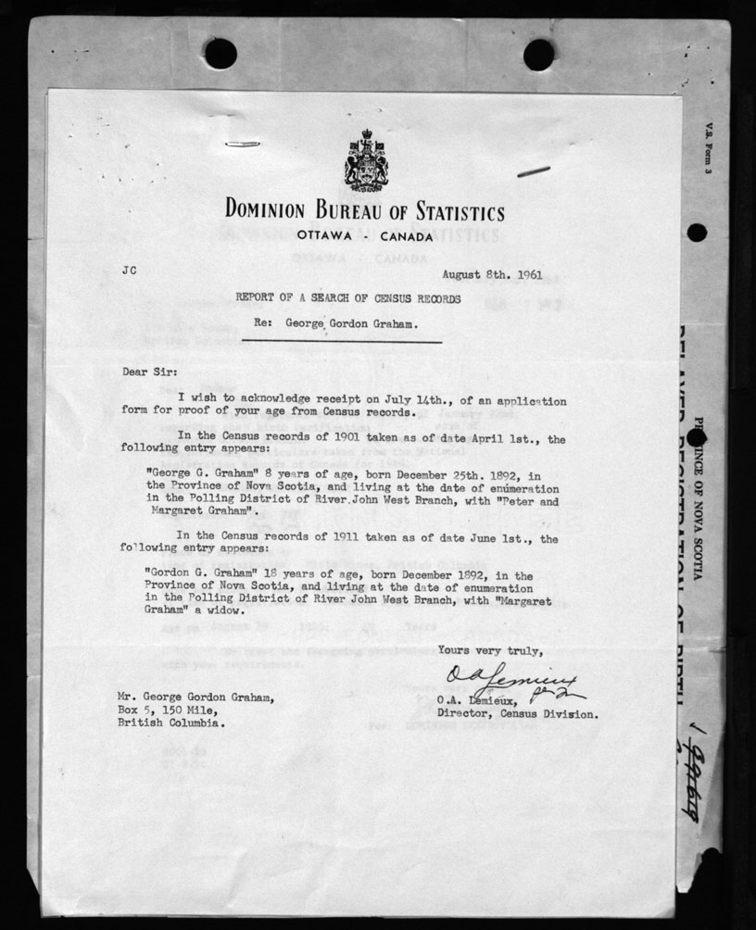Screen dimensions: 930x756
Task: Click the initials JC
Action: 129,272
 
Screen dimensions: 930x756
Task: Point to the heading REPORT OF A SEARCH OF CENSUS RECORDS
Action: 346,299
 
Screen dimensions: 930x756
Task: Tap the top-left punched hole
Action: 220,54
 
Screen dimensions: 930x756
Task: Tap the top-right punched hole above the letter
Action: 538,54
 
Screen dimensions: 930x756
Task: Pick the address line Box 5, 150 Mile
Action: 165,710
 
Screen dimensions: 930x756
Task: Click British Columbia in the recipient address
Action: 170,723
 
